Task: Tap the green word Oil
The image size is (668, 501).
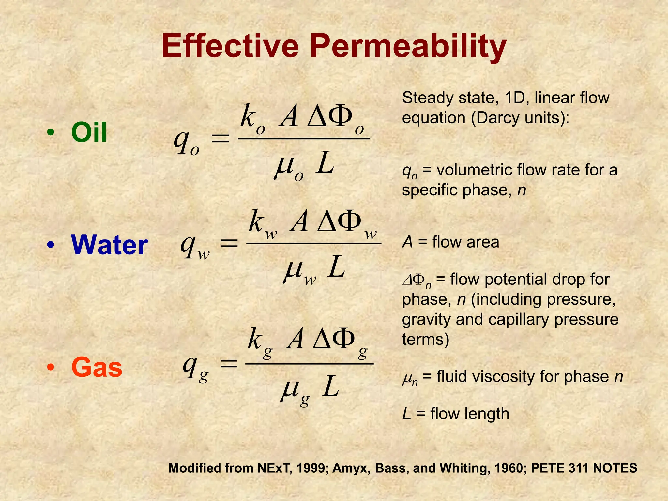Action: (89, 132)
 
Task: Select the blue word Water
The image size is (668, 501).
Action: (110, 245)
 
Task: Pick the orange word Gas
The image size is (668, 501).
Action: (97, 367)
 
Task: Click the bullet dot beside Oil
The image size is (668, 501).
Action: (50, 133)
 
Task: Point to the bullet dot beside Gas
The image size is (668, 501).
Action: (50, 368)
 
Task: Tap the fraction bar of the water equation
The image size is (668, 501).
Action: (313, 243)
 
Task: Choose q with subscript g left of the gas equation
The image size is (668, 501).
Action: (195, 368)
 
